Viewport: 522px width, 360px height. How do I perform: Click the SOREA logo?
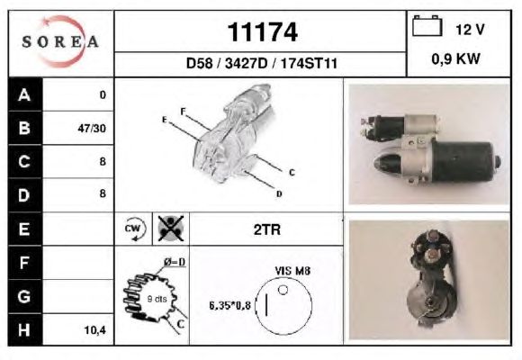point(60,41)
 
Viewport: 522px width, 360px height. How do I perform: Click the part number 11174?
point(262,32)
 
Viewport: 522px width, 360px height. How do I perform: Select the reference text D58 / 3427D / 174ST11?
point(262,63)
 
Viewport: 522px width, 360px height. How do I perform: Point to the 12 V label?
point(470,30)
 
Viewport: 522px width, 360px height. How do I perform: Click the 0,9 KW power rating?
point(455,58)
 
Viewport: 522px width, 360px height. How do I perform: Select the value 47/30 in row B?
point(92,128)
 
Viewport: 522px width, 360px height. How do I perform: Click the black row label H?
point(25,329)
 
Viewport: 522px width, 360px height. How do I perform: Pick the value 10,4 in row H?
point(94,330)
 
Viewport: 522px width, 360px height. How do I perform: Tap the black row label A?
point(25,94)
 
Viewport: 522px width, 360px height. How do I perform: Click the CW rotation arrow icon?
point(135,229)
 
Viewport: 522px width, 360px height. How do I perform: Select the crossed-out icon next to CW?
point(171,229)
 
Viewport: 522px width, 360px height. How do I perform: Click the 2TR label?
point(267,229)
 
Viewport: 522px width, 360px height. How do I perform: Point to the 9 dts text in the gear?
point(157,299)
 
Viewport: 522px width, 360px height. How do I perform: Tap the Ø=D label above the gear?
point(175,262)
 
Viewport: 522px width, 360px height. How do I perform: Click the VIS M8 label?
point(292,271)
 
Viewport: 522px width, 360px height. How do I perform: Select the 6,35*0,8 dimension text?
point(229,305)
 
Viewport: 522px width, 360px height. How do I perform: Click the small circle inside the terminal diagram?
point(283,290)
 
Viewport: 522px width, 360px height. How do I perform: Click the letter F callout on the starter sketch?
point(183,112)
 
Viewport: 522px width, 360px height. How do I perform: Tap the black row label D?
point(25,195)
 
